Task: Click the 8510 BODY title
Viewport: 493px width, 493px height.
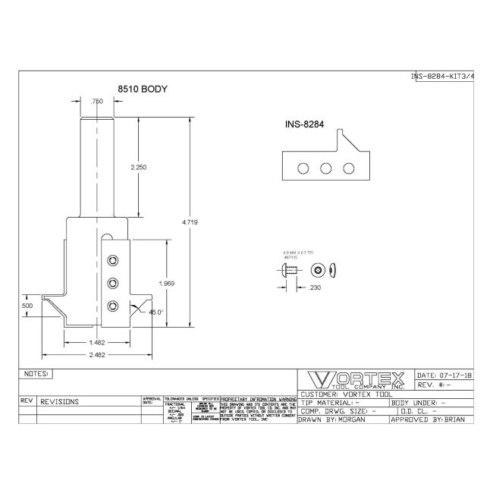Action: (142, 89)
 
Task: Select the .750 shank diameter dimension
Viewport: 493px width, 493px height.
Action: (97, 101)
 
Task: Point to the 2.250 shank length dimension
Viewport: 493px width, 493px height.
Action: (138, 167)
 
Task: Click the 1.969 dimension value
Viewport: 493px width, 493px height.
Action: (168, 283)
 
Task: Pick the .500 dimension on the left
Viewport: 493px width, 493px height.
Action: (28, 305)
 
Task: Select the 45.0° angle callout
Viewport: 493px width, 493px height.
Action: (156, 312)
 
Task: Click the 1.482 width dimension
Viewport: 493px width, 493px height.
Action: (96, 342)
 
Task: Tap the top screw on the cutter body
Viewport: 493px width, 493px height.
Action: (112, 260)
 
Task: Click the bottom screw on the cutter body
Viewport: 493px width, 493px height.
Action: (112, 306)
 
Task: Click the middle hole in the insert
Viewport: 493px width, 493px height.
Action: (326, 168)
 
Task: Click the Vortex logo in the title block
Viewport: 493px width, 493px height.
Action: (353, 380)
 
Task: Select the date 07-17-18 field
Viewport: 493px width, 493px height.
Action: (444, 375)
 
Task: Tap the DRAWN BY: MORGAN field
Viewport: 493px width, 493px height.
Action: (334, 419)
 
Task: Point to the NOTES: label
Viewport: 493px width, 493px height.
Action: (36, 374)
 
